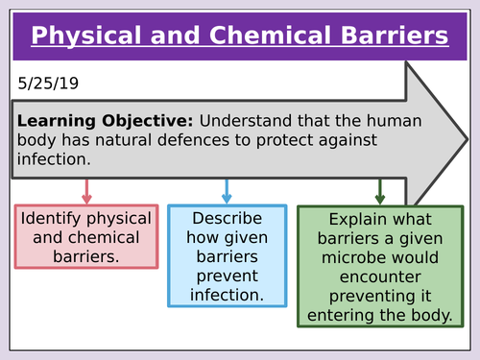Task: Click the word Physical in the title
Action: pos(88,36)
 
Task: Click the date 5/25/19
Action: pos(47,84)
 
